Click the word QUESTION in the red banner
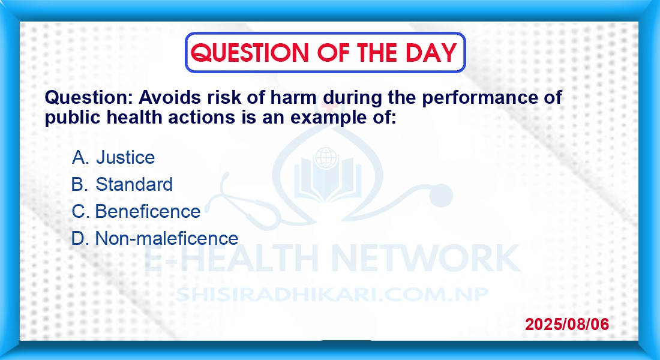pyautogui.click(x=250, y=53)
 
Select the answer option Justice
pyautogui.click(x=125, y=157)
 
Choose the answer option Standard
pyautogui.click(x=134, y=184)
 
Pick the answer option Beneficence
pyautogui.click(x=148, y=211)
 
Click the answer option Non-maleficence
pyautogui.click(x=167, y=238)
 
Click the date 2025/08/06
pyautogui.click(x=567, y=324)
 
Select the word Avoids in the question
pyautogui.click(x=170, y=97)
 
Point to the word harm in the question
pyautogui.click(x=293, y=97)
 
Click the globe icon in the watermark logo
pyautogui.click(x=326, y=157)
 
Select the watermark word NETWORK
pyautogui.click(x=425, y=257)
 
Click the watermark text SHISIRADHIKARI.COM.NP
pyautogui.click(x=332, y=295)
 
